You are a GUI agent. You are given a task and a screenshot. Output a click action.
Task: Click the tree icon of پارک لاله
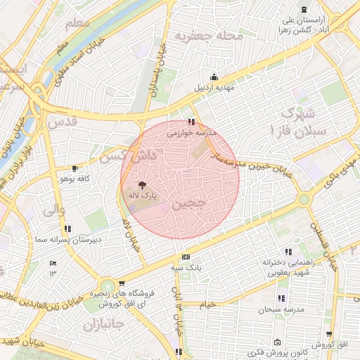click(x=143, y=186)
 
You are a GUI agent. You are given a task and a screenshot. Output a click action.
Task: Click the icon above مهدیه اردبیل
click(x=214, y=78)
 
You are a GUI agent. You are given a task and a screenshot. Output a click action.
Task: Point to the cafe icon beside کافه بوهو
click(x=75, y=169)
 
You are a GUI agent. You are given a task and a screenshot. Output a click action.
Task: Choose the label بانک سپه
click(x=185, y=267)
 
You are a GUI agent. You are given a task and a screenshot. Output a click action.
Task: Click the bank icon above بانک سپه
click(x=185, y=257)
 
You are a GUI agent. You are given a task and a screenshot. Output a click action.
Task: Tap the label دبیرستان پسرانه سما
click(x=67, y=239)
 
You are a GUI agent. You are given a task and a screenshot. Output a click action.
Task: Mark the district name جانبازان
click(x=103, y=326)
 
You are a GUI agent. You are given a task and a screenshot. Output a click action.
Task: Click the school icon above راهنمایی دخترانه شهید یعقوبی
click(x=288, y=252)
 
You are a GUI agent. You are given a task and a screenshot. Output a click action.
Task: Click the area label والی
click(x=54, y=210)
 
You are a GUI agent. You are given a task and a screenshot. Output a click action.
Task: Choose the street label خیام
click(x=207, y=304)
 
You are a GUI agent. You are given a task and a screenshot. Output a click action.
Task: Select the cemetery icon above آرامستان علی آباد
click(x=303, y=10)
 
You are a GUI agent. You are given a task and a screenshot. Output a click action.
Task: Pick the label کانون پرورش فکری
click(x=274, y=350)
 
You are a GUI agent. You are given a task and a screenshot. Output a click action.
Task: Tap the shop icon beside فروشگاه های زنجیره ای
click(x=91, y=295)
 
